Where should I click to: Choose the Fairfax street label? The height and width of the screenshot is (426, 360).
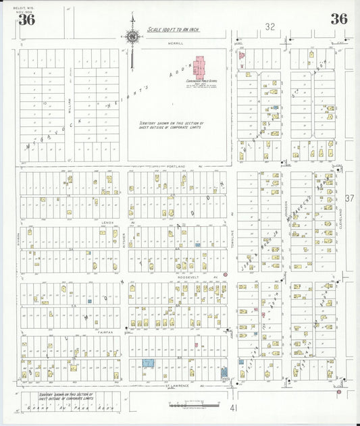[x=105, y=332]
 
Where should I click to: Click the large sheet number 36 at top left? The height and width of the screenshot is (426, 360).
[x=27, y=19]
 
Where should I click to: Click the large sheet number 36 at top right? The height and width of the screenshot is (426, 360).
[x=338, y=19]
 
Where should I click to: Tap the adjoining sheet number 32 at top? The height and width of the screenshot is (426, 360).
[x=270, y=27]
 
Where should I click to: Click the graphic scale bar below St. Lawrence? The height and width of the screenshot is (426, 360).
[x=194, y=405]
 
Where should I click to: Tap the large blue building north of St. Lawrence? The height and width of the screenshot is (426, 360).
[x=148, y=363]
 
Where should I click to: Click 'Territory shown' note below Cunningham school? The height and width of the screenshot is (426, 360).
[x=179, y=126]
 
